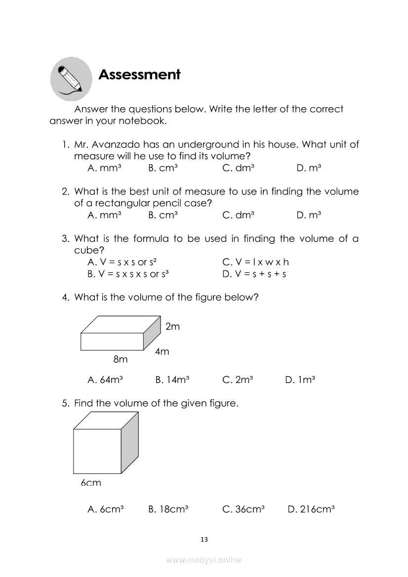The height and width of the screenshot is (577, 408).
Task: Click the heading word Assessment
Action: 140,75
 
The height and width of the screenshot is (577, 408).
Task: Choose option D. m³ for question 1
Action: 309,168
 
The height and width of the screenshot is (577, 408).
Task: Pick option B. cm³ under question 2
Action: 163,215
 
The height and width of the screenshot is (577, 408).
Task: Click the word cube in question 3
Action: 85,250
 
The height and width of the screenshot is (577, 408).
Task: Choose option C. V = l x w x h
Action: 255,262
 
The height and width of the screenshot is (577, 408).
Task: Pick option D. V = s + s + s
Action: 254,274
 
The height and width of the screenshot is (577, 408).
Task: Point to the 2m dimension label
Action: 172,326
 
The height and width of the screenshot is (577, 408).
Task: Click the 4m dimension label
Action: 162,351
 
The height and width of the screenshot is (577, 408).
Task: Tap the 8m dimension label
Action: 121,360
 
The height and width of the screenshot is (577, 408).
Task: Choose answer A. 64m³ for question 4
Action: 105,380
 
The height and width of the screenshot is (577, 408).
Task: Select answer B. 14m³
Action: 172,380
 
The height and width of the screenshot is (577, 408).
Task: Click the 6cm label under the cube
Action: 91,483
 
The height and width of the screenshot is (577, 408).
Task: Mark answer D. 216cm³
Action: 311,509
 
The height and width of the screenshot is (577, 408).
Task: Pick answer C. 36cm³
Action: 244,509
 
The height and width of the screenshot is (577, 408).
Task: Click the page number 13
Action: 204,539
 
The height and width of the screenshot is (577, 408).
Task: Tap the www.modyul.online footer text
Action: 204,560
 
